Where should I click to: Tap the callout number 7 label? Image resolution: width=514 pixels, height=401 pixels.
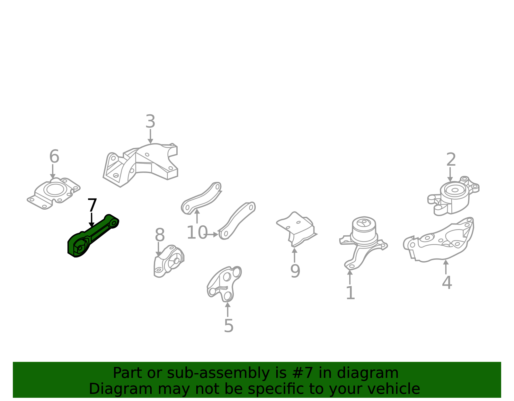coord(92,205)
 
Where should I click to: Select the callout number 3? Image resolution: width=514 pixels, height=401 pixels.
coord(150,121)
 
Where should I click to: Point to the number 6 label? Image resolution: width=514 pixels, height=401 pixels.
coord(54,156)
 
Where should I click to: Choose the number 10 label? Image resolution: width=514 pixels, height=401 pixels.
coord(197,232)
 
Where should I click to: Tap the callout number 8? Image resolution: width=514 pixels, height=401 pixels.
coord(160,235)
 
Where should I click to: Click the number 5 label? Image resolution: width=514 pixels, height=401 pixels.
coord(229,326)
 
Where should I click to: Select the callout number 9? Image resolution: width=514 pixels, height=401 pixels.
coord(295,271)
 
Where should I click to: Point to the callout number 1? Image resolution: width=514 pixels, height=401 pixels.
coord(350,293)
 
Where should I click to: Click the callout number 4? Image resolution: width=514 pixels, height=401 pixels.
coord(447,283)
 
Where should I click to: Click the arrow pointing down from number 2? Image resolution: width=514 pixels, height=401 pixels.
coord(450,174)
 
